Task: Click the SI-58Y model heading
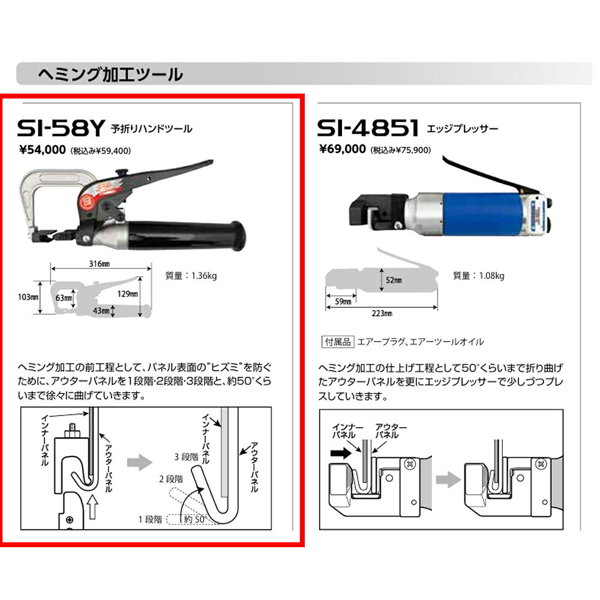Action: point(61,128)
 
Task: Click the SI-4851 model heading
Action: point(368,128)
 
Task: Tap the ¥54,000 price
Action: point(43,149)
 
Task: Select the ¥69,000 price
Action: point(343,149)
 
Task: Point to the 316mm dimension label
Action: point(100,263)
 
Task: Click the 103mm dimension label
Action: point(28,297)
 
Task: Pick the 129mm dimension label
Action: point(127,294)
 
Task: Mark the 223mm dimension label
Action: point(382,313)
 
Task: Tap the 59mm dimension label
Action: point(343,302)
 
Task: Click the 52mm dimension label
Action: point(394,280)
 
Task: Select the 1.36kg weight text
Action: point(204,275)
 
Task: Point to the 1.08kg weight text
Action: point(492,275)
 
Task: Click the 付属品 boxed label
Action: point(338,342)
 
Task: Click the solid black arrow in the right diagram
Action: point(341,454)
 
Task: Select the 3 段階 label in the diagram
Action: point(187,457)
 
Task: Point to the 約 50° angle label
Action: point(195,519)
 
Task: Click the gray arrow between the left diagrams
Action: point(140,462)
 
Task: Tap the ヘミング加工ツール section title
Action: point(110,74)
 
